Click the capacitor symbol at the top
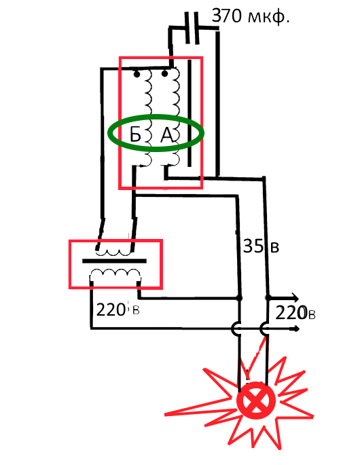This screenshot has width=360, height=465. pyautogui.click(x=192, y=28)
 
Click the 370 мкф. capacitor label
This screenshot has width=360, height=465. pyautogui.click(x=251, y=16)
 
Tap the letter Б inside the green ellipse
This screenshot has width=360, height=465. pyautogui.click(x=135, y=135)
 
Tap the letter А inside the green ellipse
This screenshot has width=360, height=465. pyautogui.click(x=167, y=135)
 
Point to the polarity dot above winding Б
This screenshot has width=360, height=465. pyautogui.click(x=137, y=74)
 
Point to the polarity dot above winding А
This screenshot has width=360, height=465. pyautogui.click(x=164, y=73)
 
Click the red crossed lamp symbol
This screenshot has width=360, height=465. pyautogui.click(x=256, y=401)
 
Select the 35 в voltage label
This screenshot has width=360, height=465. pyautogui.click(x=261, y=246)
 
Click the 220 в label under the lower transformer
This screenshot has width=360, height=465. pyautogui.click(x=118, y=310)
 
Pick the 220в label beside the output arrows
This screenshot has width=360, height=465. pyautogui.click(x=295, y=313)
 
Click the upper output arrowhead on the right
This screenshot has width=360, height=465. pyautogui.click(x=294, y=297)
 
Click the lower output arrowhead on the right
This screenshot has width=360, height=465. pyautogui.click(x=295, y=329)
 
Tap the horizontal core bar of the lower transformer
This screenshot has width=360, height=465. pyautogui.click(x=114, y=261)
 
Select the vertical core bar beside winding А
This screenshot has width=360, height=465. pyautogui.click(x=190, y=113)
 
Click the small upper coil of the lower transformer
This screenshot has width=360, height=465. pyautogui.click(x=113, y=253)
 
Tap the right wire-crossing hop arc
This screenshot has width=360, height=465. pyautogui.click(x=264, y=329)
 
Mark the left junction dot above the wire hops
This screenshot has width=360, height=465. pyautogui.click(x=239, y=297)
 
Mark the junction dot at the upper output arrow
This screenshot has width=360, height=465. pyautogui.click(x=268, y=297)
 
